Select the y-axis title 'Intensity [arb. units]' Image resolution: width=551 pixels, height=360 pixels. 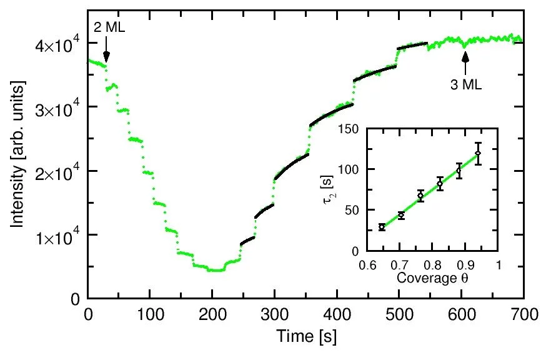[x=18, y=171]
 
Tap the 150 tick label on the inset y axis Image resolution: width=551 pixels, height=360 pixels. [x=357, y=129]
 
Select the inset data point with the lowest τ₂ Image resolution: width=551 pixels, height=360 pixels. [x=382, y=227]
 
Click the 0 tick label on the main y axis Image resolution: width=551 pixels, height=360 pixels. [x=77, y=298]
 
